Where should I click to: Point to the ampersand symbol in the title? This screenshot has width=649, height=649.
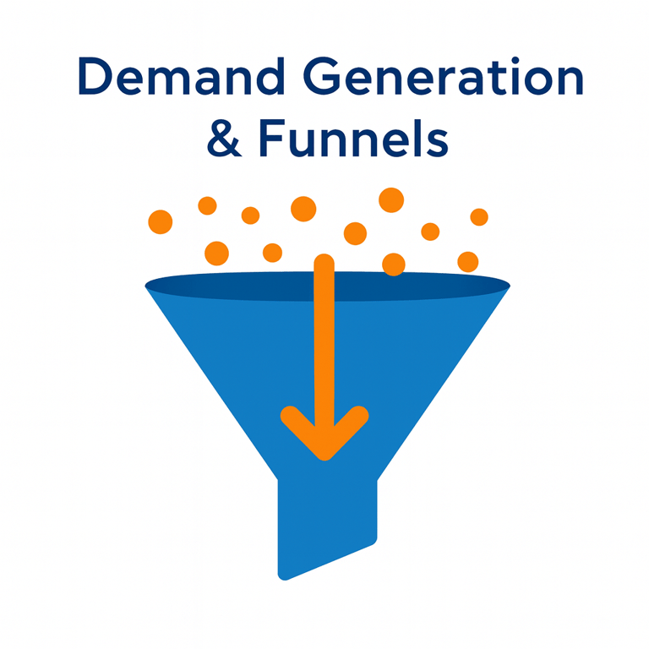224,139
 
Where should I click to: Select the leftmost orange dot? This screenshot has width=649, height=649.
160,222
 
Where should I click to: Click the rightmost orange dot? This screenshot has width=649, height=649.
479,217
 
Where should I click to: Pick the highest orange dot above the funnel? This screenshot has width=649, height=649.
391,199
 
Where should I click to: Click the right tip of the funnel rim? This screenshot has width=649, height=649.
509,286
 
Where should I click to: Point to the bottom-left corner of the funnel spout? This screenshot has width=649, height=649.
281,576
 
